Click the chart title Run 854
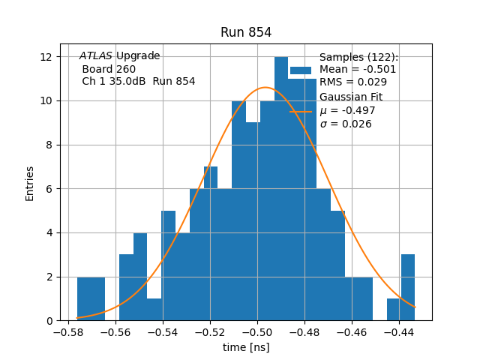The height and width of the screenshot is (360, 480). click(x=246, y=32)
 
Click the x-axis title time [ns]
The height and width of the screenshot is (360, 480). click(x=246, y=347)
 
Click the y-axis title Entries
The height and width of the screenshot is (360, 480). click(x=30, y=183)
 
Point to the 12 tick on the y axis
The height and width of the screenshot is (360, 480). click(x=46, y=57)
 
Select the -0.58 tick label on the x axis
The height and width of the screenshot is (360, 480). click(x=69, y=332)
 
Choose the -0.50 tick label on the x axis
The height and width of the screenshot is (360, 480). click(x=257, y=332)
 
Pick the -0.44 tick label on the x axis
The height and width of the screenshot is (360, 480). click(x=399, y=332)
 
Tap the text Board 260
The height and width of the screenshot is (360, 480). click(x=109, y=69)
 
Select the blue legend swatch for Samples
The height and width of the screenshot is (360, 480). click(x=301, y=70)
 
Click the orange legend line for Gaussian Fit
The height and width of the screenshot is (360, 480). click(x=301, y=111)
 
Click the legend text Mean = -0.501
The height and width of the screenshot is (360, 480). click(x=358, y=70)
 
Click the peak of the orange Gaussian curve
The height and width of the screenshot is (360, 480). click(x=265, y=88)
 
